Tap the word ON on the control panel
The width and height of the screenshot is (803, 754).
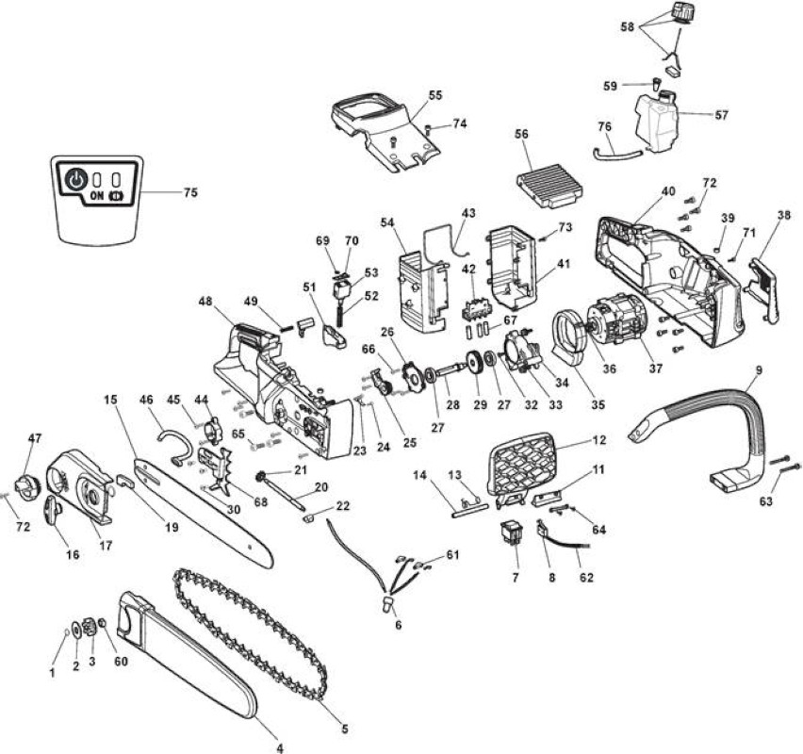[96, 196]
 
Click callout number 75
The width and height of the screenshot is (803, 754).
[190, 193]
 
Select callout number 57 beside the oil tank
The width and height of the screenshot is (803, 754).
[721, 115]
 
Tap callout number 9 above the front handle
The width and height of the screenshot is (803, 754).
[759, 369]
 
